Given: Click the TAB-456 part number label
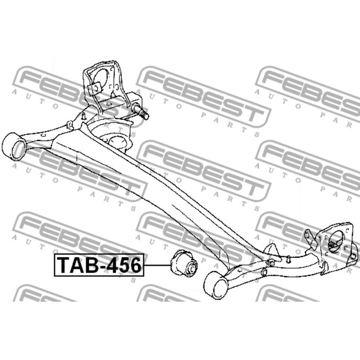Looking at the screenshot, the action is (99, 265).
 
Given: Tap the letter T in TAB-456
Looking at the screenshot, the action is (63, 265).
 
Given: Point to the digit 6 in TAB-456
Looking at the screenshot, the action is (134, 265).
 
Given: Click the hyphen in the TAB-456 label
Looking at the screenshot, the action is (98, 267).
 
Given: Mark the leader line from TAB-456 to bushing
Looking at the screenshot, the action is (157, 265).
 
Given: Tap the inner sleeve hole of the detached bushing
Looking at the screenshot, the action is (191, 268).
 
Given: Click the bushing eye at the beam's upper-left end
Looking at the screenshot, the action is (14, 146).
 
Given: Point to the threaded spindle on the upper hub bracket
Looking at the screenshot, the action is (140, 112).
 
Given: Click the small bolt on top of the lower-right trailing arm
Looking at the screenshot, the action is (289, 259).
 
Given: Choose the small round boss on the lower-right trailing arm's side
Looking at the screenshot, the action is (264, 272).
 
